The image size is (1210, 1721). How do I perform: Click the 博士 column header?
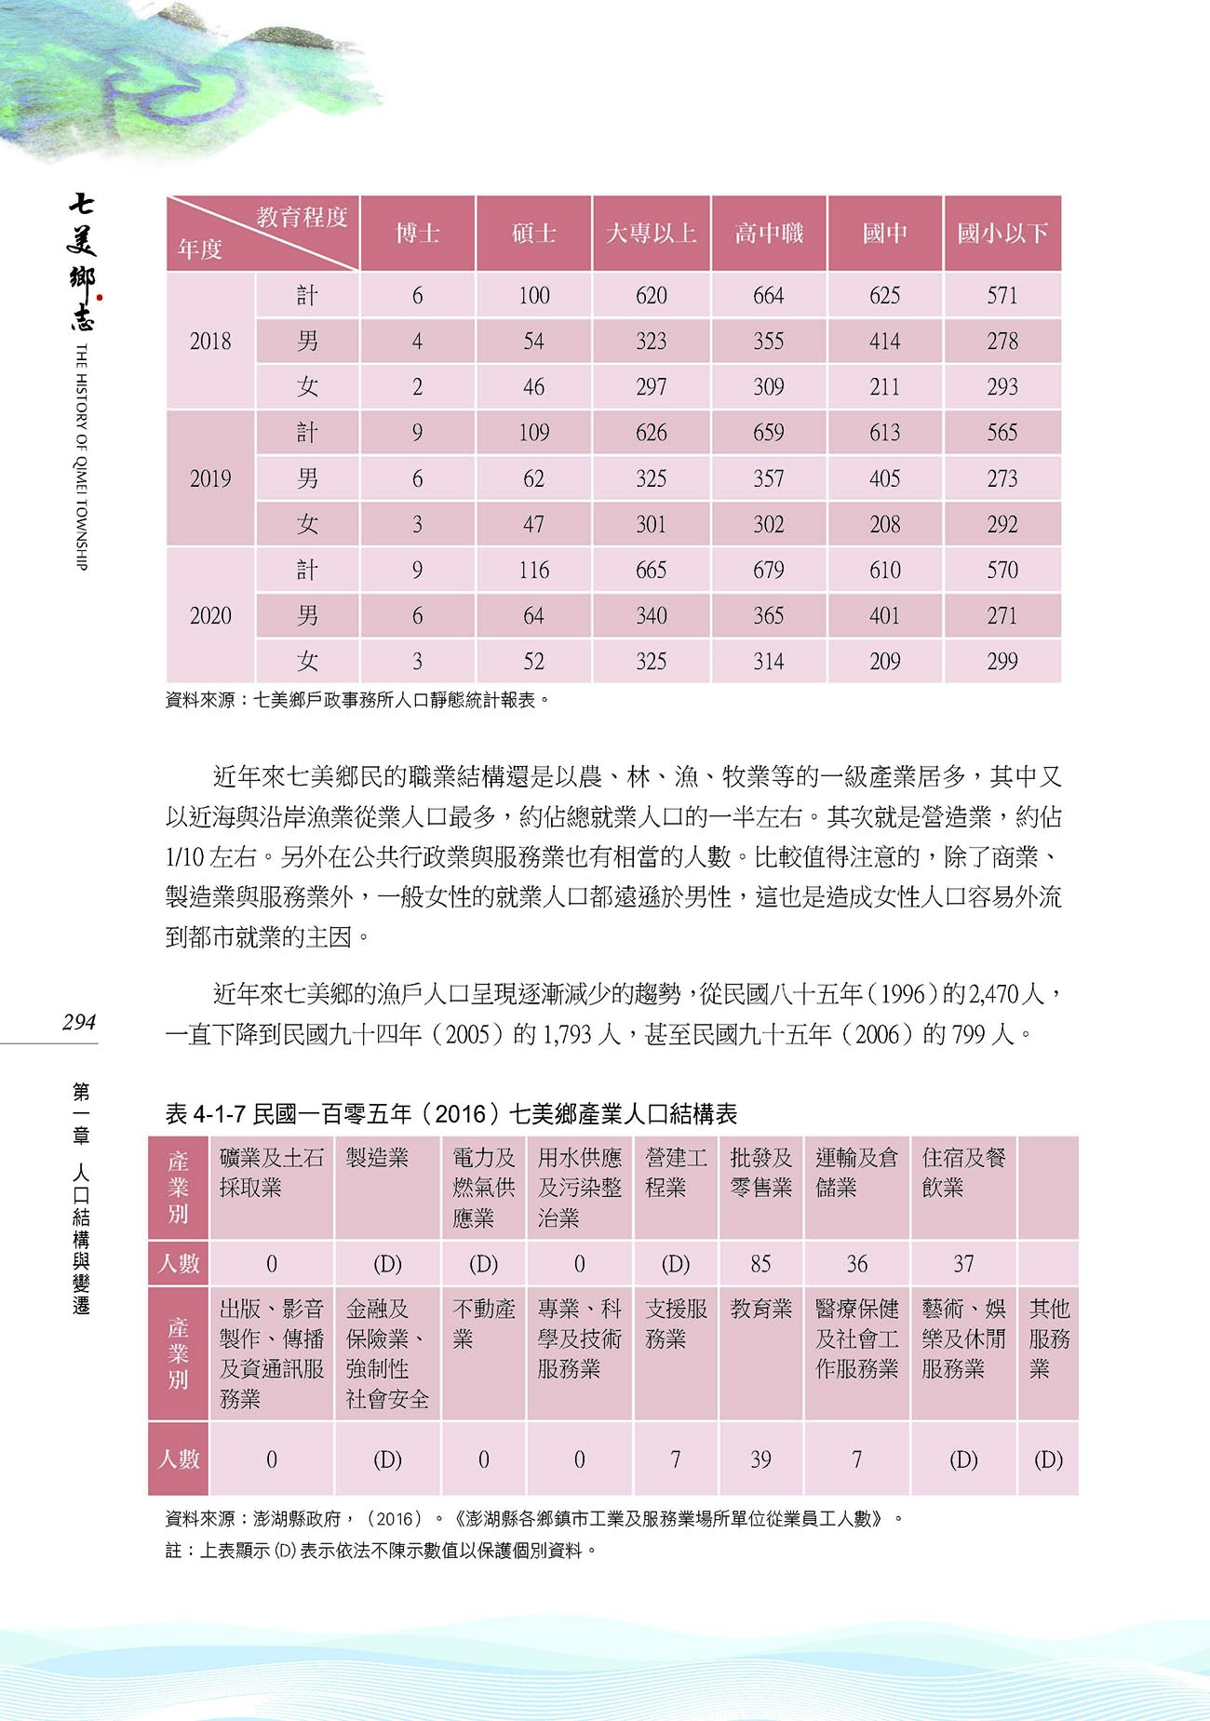(x=417, y=233)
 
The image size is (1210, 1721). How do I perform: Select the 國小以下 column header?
(x=1002, y=233)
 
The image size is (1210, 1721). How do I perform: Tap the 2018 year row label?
(x=210, y=341)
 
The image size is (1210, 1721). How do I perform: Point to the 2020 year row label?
(x=210, y=615)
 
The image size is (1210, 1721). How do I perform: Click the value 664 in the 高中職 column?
(x=768, y=295)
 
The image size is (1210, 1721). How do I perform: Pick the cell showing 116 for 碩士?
(x=533, y=570)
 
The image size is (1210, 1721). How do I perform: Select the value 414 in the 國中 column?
(x=884, y=341)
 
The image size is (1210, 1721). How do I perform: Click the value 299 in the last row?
(x=1002, y=661)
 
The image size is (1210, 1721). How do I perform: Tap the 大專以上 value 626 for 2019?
(x=651, y=432)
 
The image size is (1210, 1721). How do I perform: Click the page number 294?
(x=79, y=1021)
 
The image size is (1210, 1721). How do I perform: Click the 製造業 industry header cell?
(x=378, y=1158)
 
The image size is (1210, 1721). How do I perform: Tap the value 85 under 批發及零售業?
(x=760, y=1263)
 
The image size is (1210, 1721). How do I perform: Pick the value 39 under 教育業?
(x=760, y=1459)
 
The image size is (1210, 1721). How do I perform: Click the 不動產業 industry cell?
(x=483, y=1324)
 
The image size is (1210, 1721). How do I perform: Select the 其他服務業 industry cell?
(x=1048, y=1338)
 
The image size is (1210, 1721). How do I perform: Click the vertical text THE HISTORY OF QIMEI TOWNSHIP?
(x=81, y=456)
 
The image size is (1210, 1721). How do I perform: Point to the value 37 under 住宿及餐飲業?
(x=963, y=1263)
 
